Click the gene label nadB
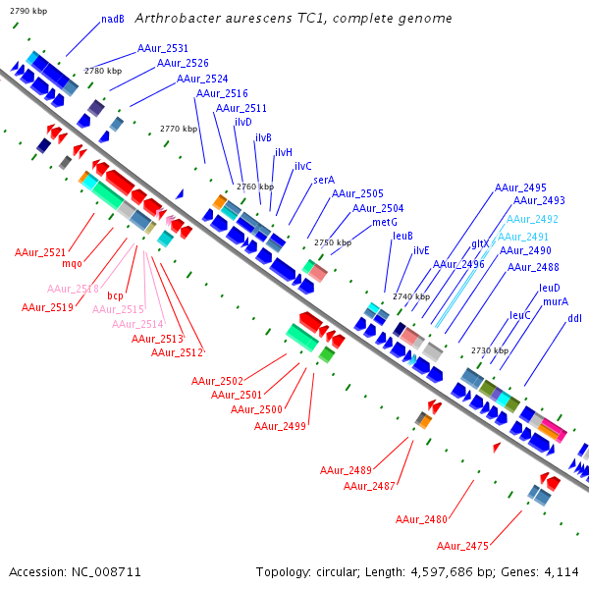pos(113,19)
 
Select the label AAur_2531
pos(163,48)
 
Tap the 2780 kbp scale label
pos(103,71)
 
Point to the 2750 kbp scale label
pos(332,242)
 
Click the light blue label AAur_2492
pos(532,219)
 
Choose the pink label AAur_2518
pos(74,289)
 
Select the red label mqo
pos(73,263)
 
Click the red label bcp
pos(116,295)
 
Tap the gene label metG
pos(385,222)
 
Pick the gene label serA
pos(324,181)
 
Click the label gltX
pos(480,243)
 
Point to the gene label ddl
pos(574,318)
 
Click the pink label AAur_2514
pos(137,324)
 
